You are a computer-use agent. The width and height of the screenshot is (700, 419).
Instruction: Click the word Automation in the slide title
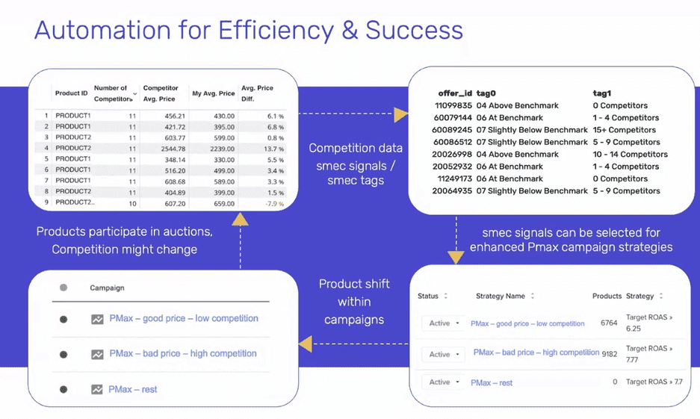(x=102, y=31)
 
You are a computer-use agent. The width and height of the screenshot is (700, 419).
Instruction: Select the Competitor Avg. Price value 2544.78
(x=173, y=149)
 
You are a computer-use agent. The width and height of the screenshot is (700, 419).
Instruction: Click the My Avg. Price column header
(x=214, y=93)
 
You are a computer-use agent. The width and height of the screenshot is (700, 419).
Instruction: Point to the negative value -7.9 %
(x=275, y=203)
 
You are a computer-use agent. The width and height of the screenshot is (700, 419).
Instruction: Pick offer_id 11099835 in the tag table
(x=453, y=106)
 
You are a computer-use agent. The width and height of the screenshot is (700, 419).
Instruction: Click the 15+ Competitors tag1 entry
(x=624, y=130)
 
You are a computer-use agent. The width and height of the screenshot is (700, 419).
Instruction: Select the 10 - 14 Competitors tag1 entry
(x=630, y=155)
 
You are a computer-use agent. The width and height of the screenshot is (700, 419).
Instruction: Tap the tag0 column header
(x=486, y=93)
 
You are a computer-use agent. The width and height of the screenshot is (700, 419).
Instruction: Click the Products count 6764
(x=609, y=323)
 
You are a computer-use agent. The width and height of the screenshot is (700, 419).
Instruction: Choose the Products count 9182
(x=610, y=354)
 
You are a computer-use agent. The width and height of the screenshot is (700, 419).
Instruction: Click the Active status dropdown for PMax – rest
(x=443, y=382)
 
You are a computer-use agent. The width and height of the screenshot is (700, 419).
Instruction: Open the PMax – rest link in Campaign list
(x=132, y=390)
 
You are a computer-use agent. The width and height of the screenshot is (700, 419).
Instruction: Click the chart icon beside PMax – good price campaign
(x=97, y=319)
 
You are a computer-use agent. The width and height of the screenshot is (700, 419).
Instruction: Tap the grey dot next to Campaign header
(x=64, y=288)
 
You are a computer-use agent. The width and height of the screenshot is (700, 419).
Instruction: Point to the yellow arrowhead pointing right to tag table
(x=401, y=114)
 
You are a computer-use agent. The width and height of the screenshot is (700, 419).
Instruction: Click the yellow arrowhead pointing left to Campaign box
(x=306, y=344)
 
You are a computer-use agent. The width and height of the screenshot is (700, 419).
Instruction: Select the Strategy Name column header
(x=500, y=296)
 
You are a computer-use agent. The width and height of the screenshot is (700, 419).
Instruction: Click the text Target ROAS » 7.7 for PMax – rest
(x=654, y=382)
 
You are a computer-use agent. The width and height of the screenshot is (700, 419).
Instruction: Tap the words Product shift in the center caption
(x=354, y=284)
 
